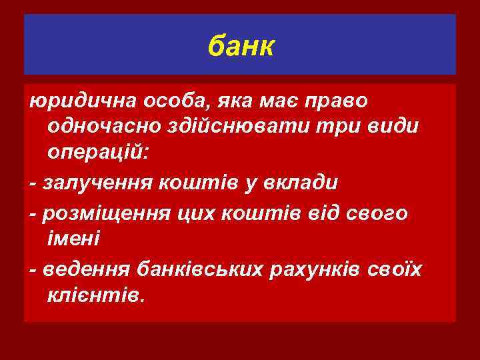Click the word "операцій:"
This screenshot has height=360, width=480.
point(100,153)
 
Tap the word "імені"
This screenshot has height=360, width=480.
point(74,238)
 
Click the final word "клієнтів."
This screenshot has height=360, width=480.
point(95,294)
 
